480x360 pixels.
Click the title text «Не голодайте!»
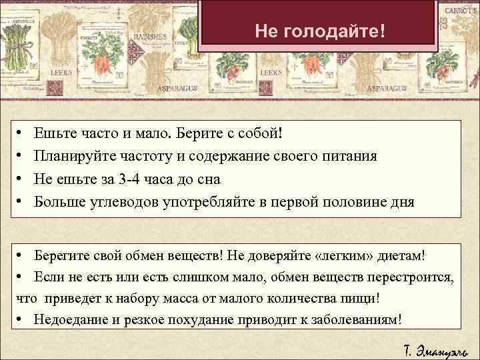pyautogui.click(x=320, y=31)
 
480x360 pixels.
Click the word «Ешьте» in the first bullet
pyautogui.click(x=54, y=133)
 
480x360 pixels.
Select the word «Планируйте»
pyautogui.click(x=73, y=157)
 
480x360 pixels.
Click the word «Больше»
pyautogui.click(x=58, y=202)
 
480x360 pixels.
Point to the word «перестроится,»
pyautogui.click(x=413, y=277)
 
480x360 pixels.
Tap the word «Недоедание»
pyautogui.click(x=71, y=319)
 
